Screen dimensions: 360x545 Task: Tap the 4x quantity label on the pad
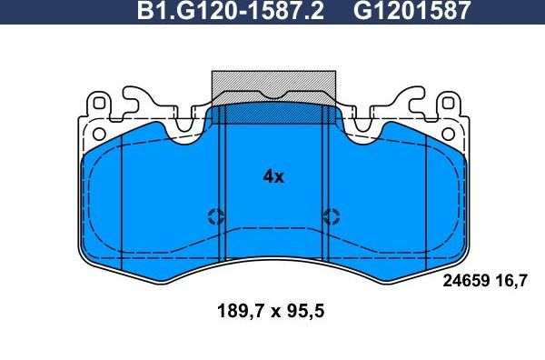[272, 177]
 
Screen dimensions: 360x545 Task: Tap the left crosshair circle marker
[216, 216]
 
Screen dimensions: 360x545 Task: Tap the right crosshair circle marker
[331, 216]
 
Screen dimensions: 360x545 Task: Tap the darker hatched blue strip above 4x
[272, 115]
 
